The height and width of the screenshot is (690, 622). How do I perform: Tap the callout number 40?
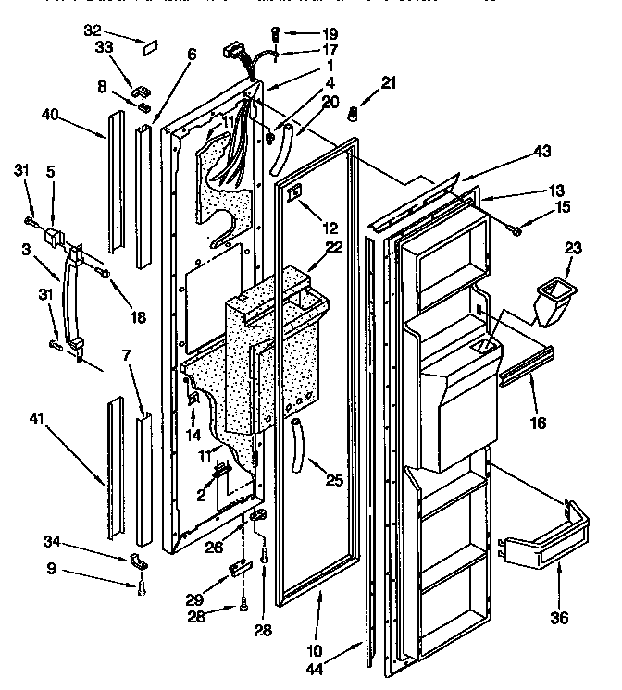52,115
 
